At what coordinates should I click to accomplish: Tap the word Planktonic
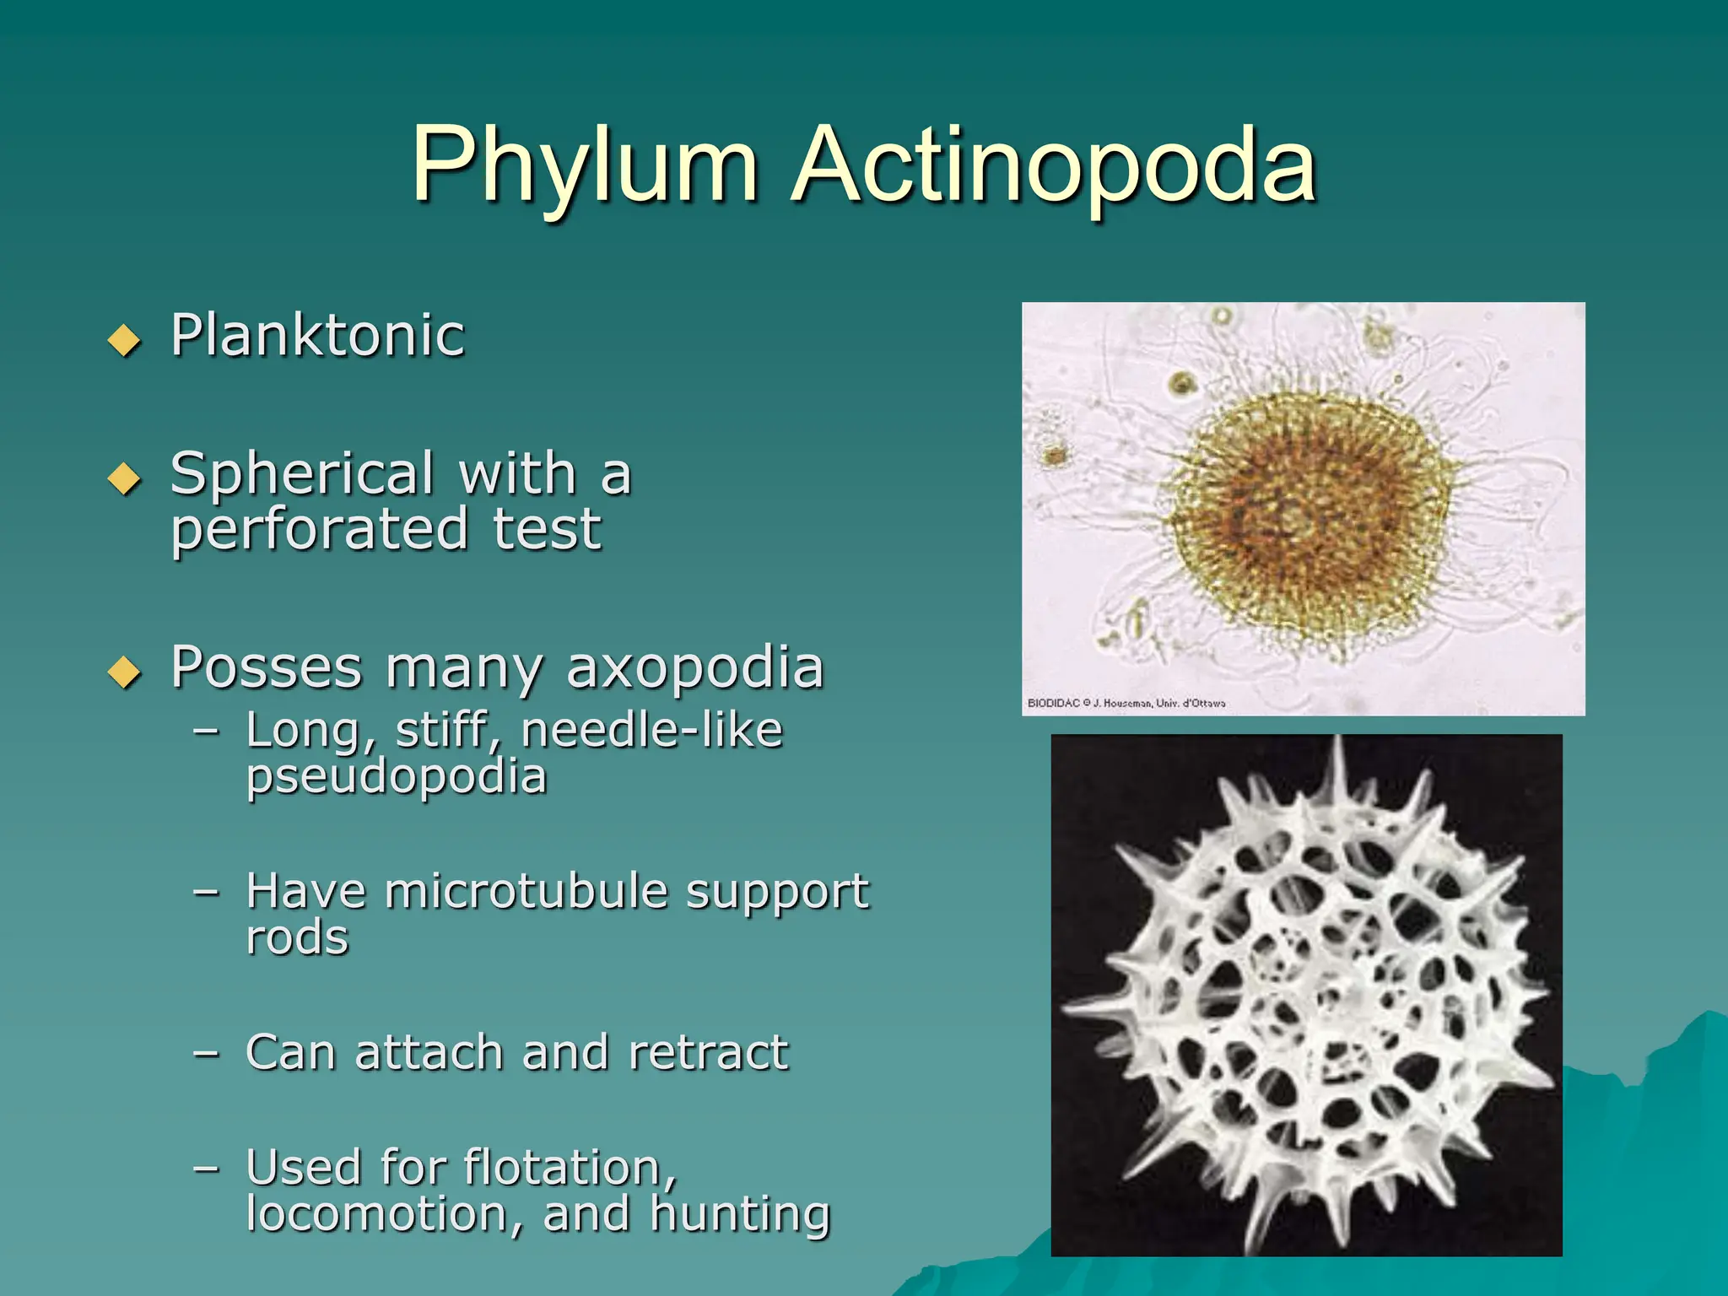tap(317, 336)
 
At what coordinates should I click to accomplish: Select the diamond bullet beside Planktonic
tap(125, 340)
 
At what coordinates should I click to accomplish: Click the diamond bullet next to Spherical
tap(125, 478)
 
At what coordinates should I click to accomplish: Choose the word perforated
tap(319, 530)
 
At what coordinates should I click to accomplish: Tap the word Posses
tap(266, 667)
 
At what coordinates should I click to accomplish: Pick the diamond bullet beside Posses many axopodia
tap(125, 672)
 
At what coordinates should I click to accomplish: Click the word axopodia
tap(694, 667)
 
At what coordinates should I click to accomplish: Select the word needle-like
tap(651, 731)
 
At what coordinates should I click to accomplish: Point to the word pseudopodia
tap(397, 776)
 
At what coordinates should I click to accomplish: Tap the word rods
tap(297, 937)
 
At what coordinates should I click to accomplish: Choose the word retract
tap(708, 1053)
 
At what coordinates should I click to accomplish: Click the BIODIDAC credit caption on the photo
tap(1126, 703)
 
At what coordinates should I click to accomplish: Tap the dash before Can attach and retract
tap(206, 1053)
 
